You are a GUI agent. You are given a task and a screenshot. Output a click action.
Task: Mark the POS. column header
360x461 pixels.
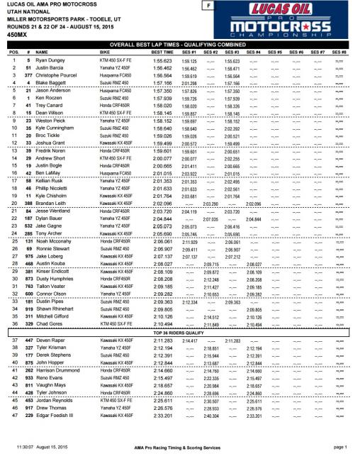tap(12, 52)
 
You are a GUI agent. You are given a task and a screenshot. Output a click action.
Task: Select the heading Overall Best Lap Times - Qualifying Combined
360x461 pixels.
tap(181, 45)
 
